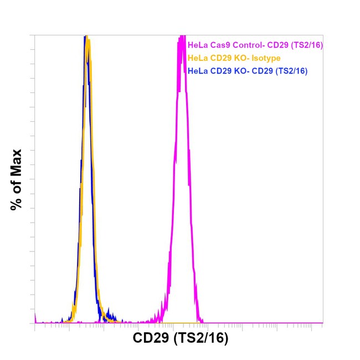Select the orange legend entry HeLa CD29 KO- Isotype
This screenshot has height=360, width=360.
(234, 58)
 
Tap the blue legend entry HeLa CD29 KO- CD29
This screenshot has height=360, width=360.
(248, 70)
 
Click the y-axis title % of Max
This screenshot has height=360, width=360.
(16, 179)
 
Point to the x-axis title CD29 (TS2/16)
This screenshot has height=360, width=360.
(181, 337)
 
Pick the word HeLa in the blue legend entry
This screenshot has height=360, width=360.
(197, 70)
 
